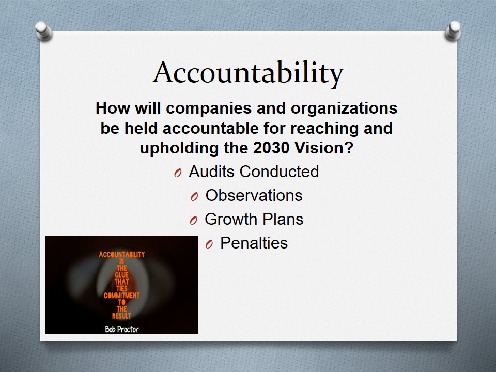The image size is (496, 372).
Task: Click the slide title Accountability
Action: (248, 73)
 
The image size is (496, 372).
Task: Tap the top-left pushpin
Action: (43, 30)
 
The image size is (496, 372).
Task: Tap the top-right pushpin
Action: (453, 30)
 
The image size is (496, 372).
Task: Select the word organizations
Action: (344, 108)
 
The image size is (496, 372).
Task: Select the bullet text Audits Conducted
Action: (254, 172)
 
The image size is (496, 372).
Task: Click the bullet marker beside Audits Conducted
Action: (178, 173)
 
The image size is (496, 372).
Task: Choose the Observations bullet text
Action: (254, 195)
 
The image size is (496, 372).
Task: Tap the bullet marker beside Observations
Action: (194, 197)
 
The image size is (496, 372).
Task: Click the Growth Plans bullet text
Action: (254, 219)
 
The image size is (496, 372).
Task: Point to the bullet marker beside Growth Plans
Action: (194, 221)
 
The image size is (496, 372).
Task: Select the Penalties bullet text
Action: (254, 243)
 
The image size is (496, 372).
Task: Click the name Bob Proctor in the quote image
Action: (122, 329)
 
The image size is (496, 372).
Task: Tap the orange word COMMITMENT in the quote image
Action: (121, 296)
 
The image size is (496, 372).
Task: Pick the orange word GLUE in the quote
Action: (122, 275)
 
